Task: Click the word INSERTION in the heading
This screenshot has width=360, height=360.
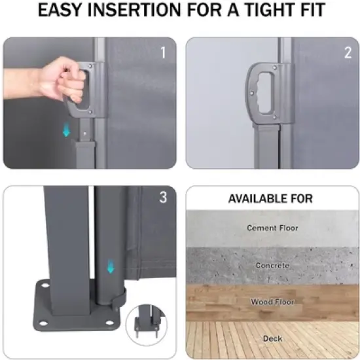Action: click(x=134, y=10)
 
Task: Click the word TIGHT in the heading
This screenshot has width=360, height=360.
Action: click(x=269, y=10)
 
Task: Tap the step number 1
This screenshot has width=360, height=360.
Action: click(x=163, y=52)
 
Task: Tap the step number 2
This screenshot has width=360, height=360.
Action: click(x=348, y=52)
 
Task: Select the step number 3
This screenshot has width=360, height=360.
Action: click(x=163, y=197)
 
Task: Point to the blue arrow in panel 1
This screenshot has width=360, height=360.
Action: click(x=66, y=130)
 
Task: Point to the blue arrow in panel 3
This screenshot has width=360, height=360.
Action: click(x=111, y=266)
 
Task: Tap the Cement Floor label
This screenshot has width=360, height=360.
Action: click(x=272, y=228)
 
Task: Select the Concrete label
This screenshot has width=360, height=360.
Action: click(x=272, y=265)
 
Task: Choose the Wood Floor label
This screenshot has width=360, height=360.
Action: click(x=272, y=302)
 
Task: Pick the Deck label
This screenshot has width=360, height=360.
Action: click(x=272, y=338)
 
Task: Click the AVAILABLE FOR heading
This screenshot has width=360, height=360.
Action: click(x=270, y=198)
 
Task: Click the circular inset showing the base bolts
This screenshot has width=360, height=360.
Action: click(x=146, y=325)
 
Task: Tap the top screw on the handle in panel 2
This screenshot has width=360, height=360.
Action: click(x=275, y=67)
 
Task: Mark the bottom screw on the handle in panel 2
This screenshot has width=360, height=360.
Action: click(x=275, y=118)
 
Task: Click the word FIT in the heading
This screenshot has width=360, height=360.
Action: click(x=312, y=10)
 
